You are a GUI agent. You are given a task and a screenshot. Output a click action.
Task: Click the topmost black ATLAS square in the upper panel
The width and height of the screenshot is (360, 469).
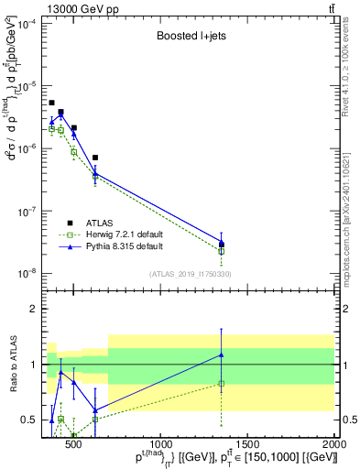(51, 103)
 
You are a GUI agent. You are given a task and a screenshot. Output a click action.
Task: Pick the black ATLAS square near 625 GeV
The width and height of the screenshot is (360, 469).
(95, 158)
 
